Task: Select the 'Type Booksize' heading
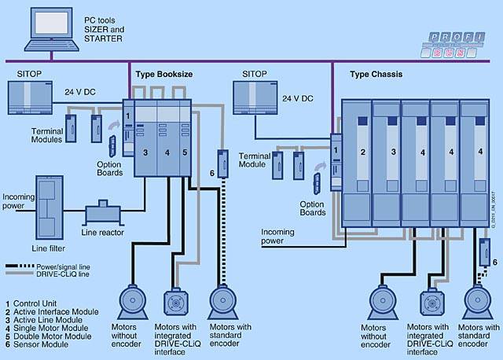pyautogui.click(x=163, y=74)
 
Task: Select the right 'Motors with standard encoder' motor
pyautogui.click(x=480, y=303)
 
